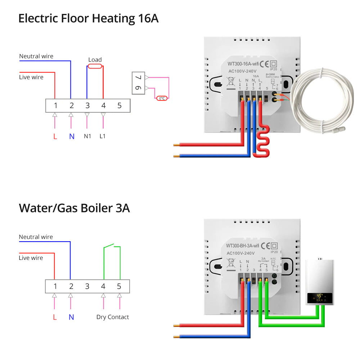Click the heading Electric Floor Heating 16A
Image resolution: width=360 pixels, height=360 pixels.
pyautogui.click(x=88, y=18)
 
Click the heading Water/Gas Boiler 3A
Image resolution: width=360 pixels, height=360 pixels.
pyautogui.click(x=74, y=208)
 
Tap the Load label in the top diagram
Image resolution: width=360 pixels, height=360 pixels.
pyautogui.click(x=95, y=60)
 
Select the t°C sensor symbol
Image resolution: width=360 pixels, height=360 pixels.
pyautogui.click(x=162, y=98)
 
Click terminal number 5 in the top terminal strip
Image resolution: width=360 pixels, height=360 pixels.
pyautogui.click(x=120, y=106)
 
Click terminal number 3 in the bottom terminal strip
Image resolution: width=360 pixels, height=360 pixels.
pyautogui.click(x=87, y=287)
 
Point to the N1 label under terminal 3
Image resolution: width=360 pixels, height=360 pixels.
pyautogui.click(x=87, y=136)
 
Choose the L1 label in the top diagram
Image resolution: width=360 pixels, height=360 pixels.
pyautogui.click(x=103, y=136)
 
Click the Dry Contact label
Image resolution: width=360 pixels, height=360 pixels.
pyautogui.click(x=112, y=317)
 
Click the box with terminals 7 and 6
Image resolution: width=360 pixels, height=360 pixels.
pyautogui.click(x=138, y=83)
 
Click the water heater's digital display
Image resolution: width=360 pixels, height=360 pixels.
pyautogui.click(x=319, y=297)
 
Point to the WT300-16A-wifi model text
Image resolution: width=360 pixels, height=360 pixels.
pyautogui.click(x=243, y=64)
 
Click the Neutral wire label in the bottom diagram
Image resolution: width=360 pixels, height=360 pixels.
pyautogui.click(x=36, y=237)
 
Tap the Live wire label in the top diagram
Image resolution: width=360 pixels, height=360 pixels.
pyautogui.click(x=31, y=77)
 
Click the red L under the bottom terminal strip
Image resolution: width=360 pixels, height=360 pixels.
pyautogui.click(x=55, y=317)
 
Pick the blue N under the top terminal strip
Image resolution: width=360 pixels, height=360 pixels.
pyautogui.click(x=71, y=136)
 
